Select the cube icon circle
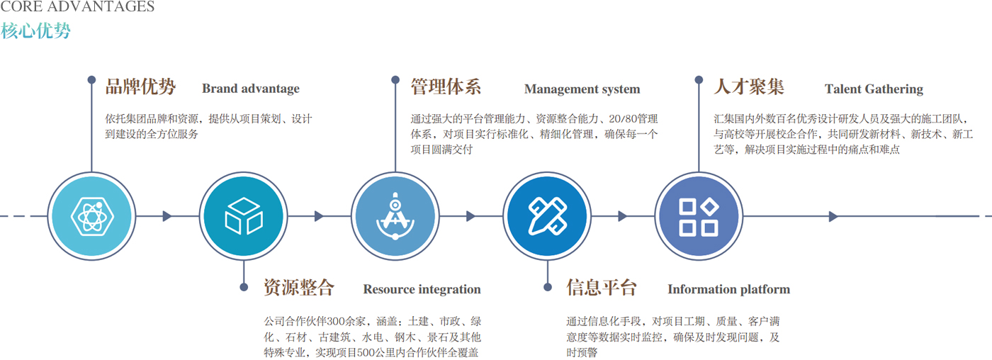[243, 216]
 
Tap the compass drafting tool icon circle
[395, 216]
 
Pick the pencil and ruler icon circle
[546, 216]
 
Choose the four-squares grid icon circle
[698, 216]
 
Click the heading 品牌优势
[140, 87]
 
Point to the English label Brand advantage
[251, 89]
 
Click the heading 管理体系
[446, 87]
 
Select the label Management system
[582, 89]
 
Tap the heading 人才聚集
[749, 87]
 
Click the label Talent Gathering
[874, 89]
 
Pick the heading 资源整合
[298, 288]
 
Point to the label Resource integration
[422, 289]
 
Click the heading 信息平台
[602, 288]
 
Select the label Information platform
[728, 289]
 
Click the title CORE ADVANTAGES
[77, 7]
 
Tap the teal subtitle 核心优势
[35, 31]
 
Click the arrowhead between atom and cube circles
[167, 216]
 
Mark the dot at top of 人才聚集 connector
[699, 80]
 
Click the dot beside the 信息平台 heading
[547, 287]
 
